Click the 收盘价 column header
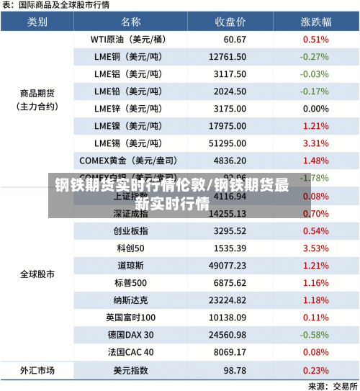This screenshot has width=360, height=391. point(230,22)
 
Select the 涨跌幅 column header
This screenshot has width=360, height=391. point(315,22)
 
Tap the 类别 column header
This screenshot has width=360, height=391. point(37,22)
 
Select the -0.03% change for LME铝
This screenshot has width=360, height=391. point(315,73)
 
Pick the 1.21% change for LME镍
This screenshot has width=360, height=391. point(316,126)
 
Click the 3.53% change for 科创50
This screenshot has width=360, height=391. point(316,248)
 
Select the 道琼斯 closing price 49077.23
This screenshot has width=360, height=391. point(228,265)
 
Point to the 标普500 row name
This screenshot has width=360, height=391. point(130,283)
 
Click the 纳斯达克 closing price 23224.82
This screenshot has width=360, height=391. point(228,300)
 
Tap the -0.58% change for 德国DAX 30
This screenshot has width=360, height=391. point(315,335)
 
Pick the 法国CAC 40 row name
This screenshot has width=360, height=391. point(130,352)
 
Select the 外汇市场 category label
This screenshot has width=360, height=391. point(37,370)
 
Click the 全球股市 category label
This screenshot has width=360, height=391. point(37,274)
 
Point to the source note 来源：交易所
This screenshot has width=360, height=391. point(330,386)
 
